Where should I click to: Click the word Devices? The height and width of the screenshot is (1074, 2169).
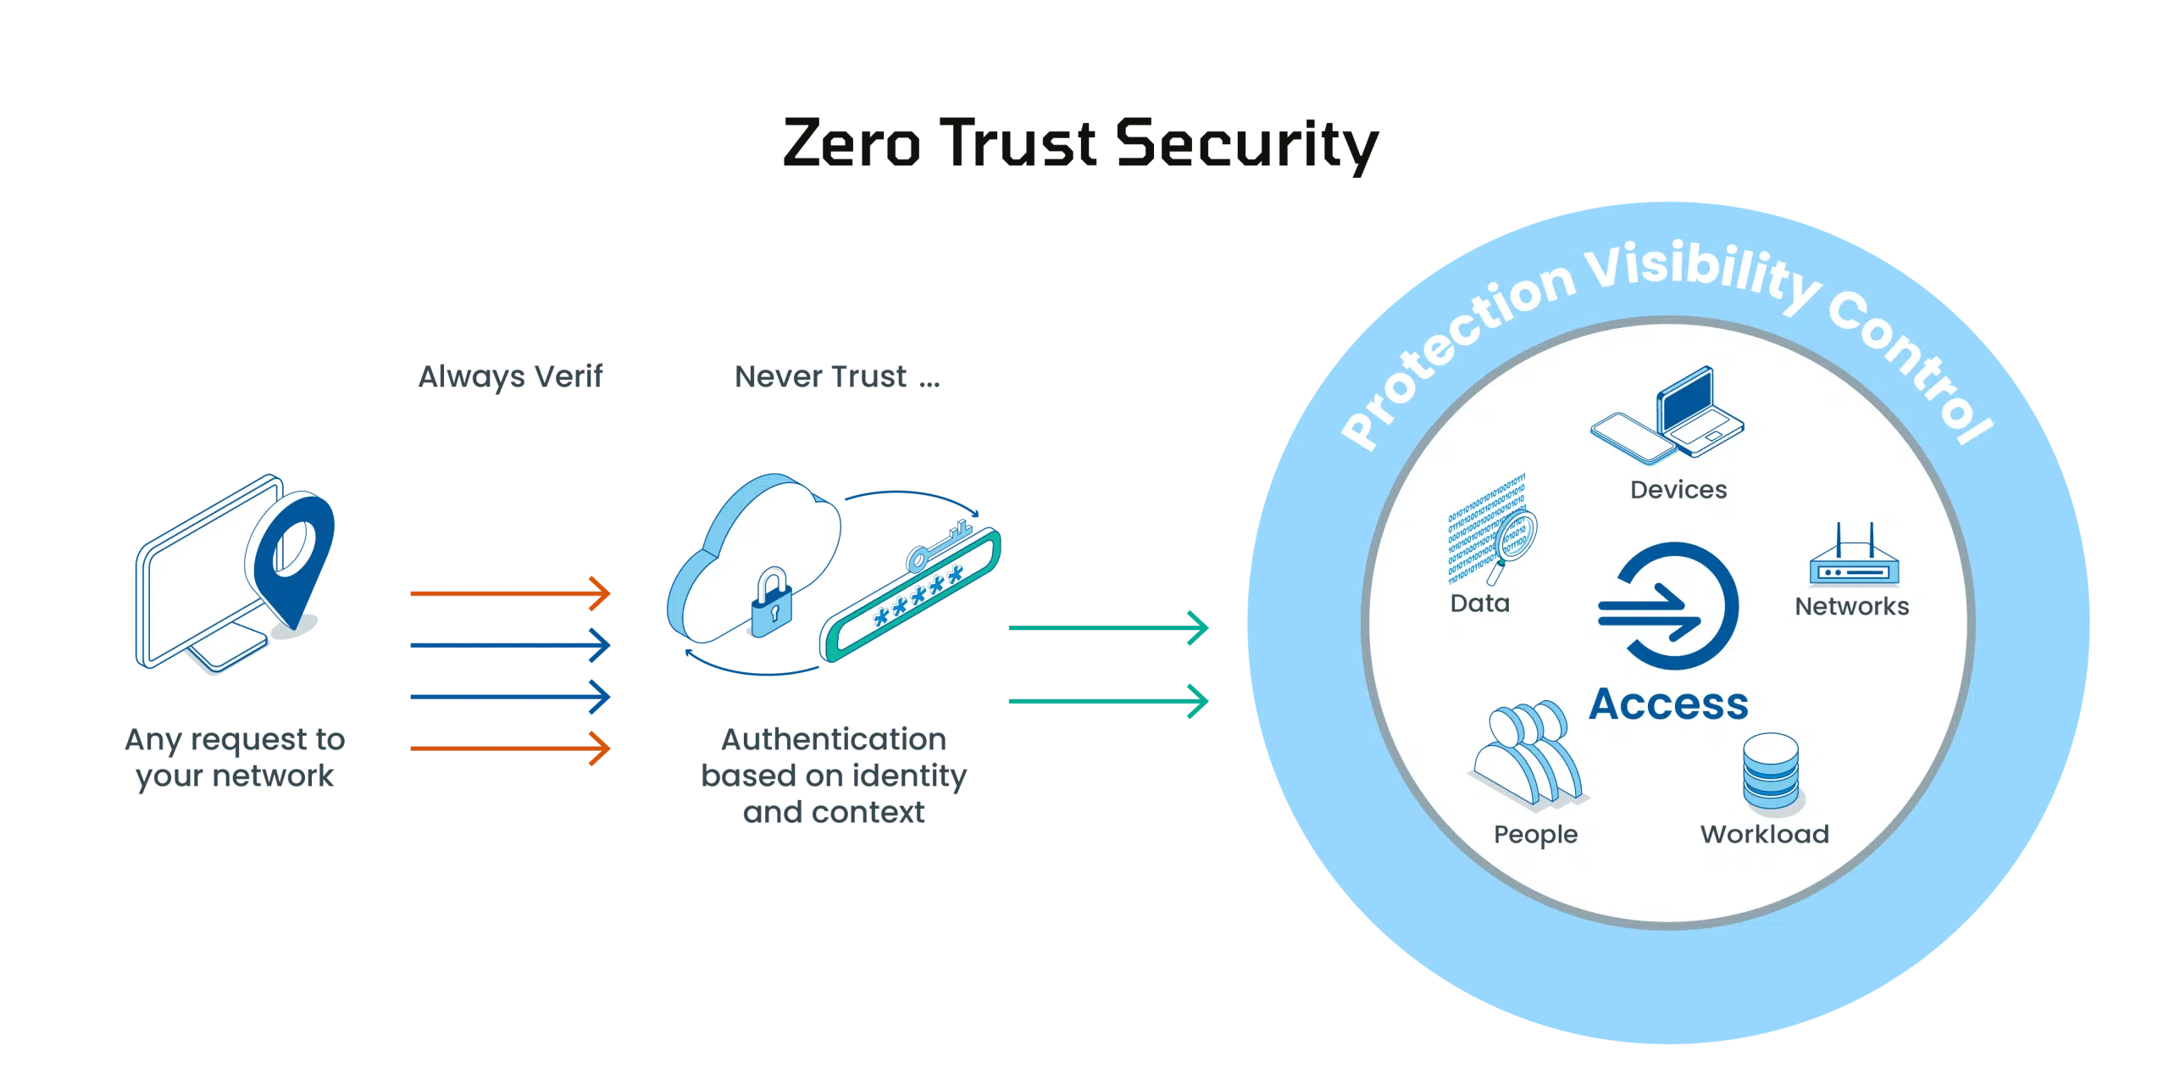tap(1678, 490)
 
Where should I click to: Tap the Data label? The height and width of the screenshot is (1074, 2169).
tap(1479, 604)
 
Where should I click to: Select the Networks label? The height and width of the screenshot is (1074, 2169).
tap(1851, 606)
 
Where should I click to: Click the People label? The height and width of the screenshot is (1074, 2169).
tap(1535, 834)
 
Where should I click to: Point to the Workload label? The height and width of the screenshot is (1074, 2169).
tap(1764, 834)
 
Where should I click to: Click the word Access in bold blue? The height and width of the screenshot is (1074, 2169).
tap(1667, 704)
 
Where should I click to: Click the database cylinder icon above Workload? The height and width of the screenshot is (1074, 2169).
tap(1771, 771)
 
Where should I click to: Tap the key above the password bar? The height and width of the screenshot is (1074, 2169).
tap(936, 547)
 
